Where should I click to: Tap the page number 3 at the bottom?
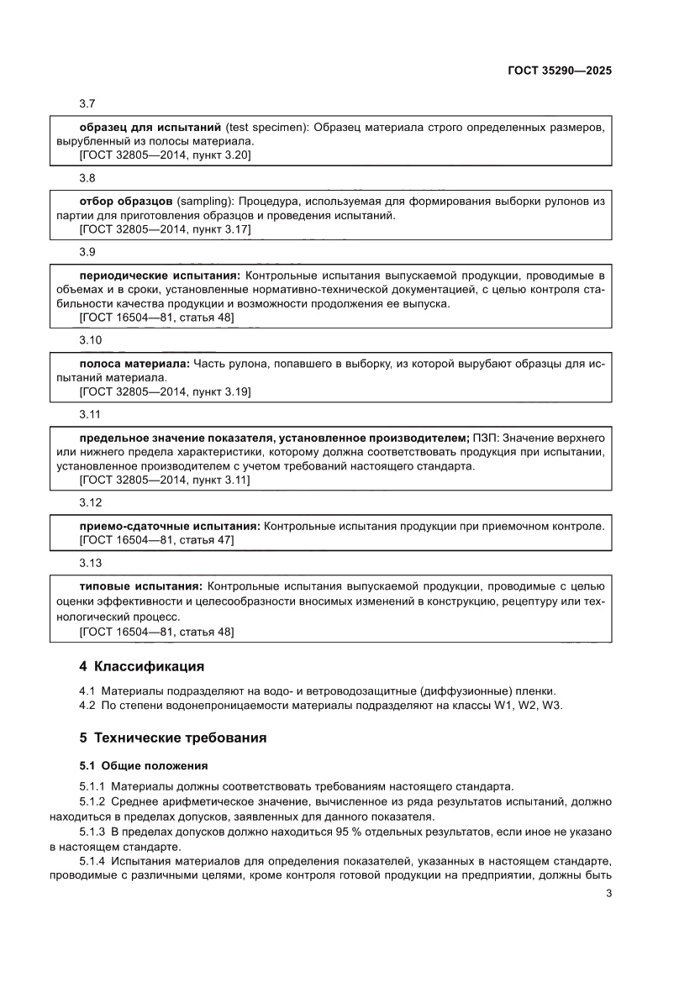click(x=608, y=893)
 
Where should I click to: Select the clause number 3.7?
click(x=87, y=102)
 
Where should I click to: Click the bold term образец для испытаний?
click(x=149, y=127)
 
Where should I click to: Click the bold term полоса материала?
click(x=134, y=365)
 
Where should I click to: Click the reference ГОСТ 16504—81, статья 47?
click(x=156, y=540)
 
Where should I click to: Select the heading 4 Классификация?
click(x=141, y=667)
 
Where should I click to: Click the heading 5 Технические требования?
click(x=172, y=738)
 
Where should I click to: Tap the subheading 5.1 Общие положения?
click(x=143, y=766)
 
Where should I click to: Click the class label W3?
click(x=551, y=706)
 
